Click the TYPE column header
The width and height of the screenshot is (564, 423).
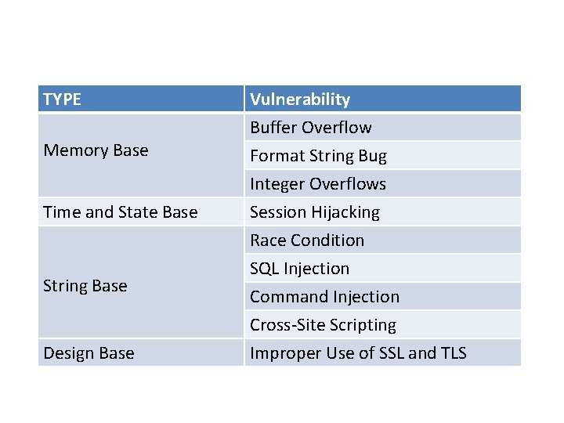click(x=62, y=99)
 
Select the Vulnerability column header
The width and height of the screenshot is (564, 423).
click(x=299, y=99)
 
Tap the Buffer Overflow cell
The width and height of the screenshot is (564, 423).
click(x=310, y=128)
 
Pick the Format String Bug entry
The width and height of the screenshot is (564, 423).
click(x=318, y=156)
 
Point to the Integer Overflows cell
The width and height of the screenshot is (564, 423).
click(x=317, y=184)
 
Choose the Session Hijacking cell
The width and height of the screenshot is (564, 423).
click(x=314, y=212)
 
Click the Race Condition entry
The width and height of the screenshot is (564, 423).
click(x=307, y=240)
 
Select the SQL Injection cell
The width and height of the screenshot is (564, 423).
click(x=299, y=269)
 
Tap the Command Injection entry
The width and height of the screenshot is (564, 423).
click(x=324, y=297)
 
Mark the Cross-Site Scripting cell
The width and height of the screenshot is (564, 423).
click(x=323, y=325)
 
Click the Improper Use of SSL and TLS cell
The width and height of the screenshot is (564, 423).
click(x=358, y=353)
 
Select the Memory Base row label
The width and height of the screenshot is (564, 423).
click(x=96, y=150)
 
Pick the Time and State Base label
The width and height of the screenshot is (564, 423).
click(x=121, y=212)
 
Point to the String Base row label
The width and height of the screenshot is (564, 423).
click(x=85, y=286)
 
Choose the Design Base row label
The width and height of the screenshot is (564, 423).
click(x=89, y=353)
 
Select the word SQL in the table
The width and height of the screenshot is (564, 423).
click(x=265, y=269)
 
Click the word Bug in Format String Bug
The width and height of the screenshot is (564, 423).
click(x=372, y=156)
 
